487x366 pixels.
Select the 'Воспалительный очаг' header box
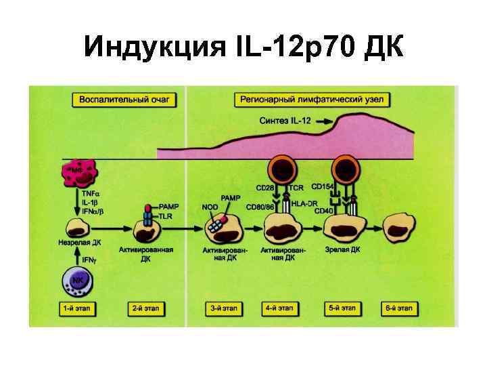(124, 100)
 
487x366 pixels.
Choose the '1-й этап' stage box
(75, 308)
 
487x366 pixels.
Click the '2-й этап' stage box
(146, 308)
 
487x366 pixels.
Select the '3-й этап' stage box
(224, 308)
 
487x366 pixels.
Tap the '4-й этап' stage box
(279, 308)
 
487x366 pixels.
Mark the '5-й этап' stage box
(342, 308)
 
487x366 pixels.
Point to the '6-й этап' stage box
(397, 308)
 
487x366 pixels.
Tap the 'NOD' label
(210, 207)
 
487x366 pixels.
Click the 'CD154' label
(322, 186)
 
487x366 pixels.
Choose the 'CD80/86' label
(260, 207)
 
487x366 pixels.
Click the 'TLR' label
(166, 216)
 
